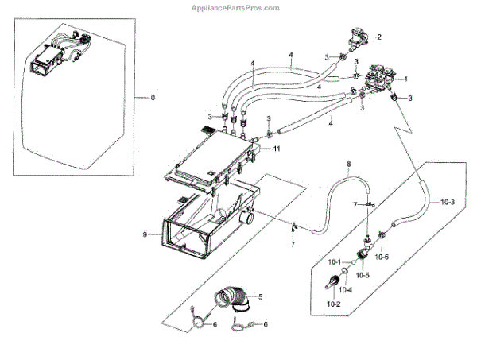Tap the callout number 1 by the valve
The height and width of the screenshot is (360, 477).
[405, 79]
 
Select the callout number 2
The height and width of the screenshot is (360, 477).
[379, 37]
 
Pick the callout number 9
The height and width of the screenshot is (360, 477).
[145, 234]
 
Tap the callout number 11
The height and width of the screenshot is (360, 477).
[277, 149]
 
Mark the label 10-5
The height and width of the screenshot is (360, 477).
[363, 274]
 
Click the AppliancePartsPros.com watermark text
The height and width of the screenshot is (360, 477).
[238, 7]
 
